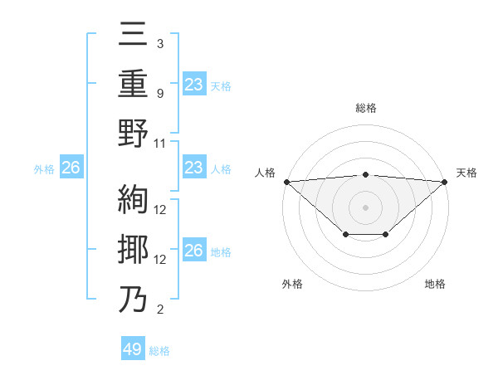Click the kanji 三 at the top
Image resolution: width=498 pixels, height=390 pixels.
[x=134, y=35]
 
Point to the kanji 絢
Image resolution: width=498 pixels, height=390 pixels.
[x=134, y=200]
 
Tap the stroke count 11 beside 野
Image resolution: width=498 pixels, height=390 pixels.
[x=160, y=143]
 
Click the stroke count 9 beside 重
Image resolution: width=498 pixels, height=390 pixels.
[x=160, y=93]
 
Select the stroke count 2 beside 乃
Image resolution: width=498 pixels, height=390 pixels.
[x=160, y=310]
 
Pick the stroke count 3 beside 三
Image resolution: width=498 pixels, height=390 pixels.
[x=160, y=43]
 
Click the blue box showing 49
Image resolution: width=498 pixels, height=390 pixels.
[x=133, y=349]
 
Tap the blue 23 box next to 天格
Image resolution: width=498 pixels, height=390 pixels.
[x=194, y=84]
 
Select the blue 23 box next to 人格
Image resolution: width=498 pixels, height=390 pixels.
[x=194, y=168]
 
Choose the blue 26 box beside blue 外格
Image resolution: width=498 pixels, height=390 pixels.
[x=71, y=168]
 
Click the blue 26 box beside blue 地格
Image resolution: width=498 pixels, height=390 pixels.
[x=194, y=251]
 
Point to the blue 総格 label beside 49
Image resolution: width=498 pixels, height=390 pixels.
[x=159, y=351]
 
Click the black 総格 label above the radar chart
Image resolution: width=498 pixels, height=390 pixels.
[x=365, y=109]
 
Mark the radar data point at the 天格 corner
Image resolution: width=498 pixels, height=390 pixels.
[x=445, y=182]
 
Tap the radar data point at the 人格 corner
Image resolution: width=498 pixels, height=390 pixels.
[x=286, y=182]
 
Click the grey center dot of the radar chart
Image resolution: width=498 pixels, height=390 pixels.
[x=365, y=207]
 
